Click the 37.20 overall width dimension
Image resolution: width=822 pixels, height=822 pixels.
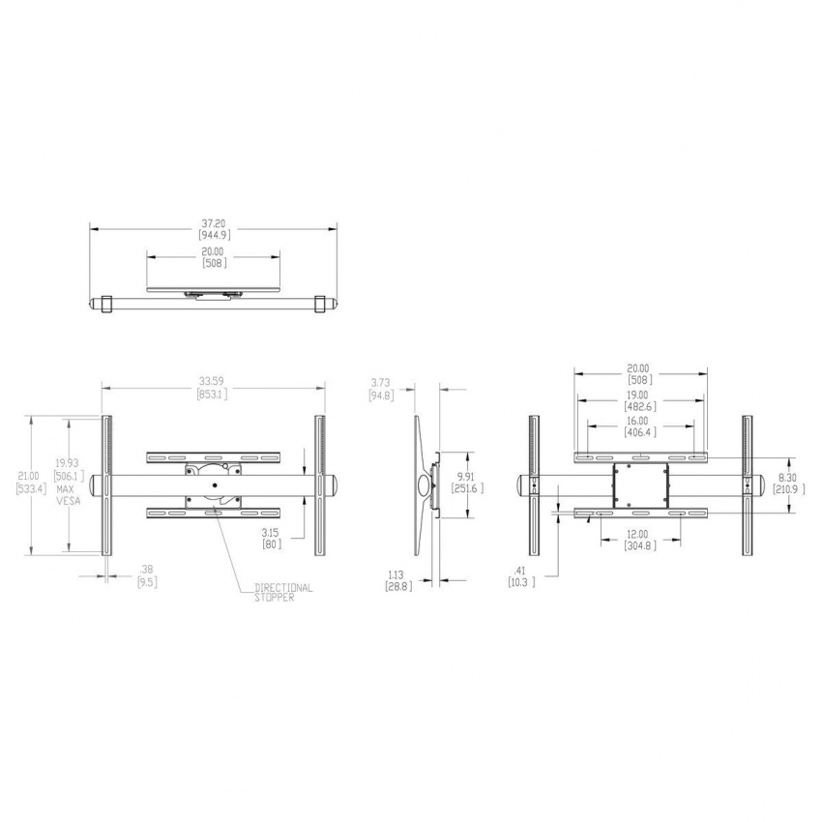(x=214, y=224)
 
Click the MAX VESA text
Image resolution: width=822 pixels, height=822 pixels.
(x=66, y=496)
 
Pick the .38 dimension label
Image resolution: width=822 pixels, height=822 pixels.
(x=147, y=570)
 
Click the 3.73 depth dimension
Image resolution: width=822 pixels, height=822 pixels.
(x=380, y=384)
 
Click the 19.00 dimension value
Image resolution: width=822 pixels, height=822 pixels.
(x=638, y=396)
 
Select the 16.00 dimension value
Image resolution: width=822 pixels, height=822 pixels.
(x=638, y=422)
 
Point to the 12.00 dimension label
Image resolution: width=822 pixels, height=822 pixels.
(x=638, y=535)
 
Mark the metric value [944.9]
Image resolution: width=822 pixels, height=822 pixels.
(x=214, y=235)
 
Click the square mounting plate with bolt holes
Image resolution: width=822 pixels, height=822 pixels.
(x=639, y=484)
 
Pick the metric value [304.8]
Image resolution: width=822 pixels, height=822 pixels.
(x=638, y=545)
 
